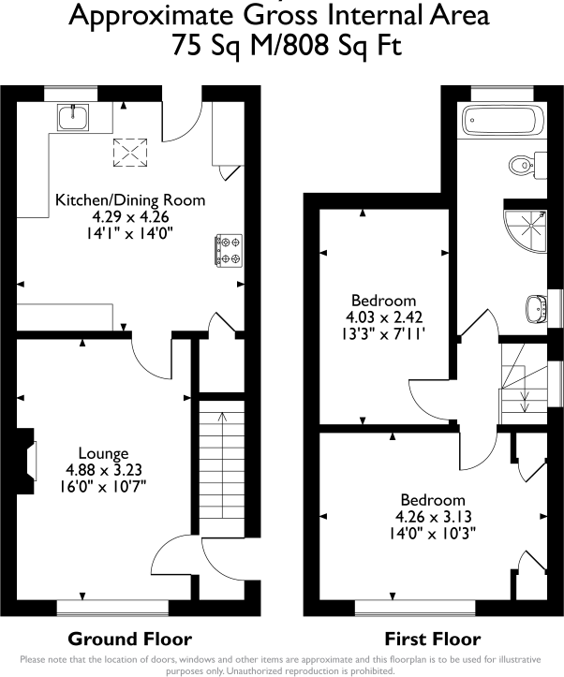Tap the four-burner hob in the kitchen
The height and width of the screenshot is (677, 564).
click(227, 250)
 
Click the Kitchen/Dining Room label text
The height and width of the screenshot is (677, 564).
click(129, 200)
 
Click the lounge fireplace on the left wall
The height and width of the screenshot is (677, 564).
click(28, 461)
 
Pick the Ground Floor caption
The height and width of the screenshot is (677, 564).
click(129, 640)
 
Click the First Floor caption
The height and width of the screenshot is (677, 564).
click(432, 640)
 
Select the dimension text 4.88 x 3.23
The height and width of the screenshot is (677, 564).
click(104, 470)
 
